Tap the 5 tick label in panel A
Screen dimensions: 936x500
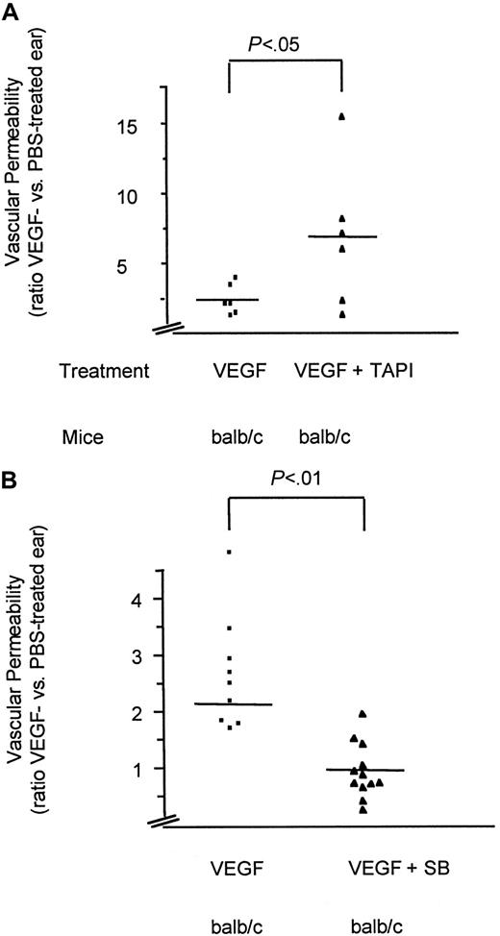click(151, 262)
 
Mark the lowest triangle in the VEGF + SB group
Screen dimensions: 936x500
click(364, 810)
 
